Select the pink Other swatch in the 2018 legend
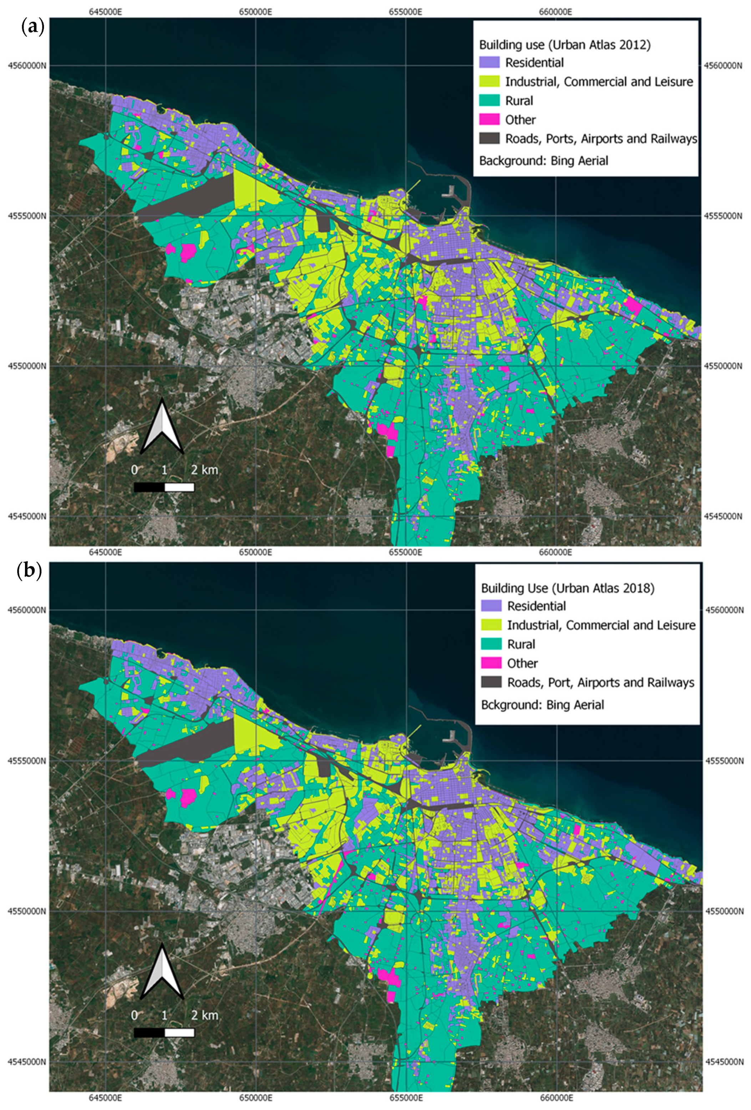coord(491,663)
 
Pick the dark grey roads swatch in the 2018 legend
coord(491,682)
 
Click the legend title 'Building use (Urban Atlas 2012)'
coord(565,45)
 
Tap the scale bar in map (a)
coord(164,487)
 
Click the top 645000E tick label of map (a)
coord(106,11)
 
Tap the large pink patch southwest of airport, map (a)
coord(188,251)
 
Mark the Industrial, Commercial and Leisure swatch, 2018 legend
coord(491,625)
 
